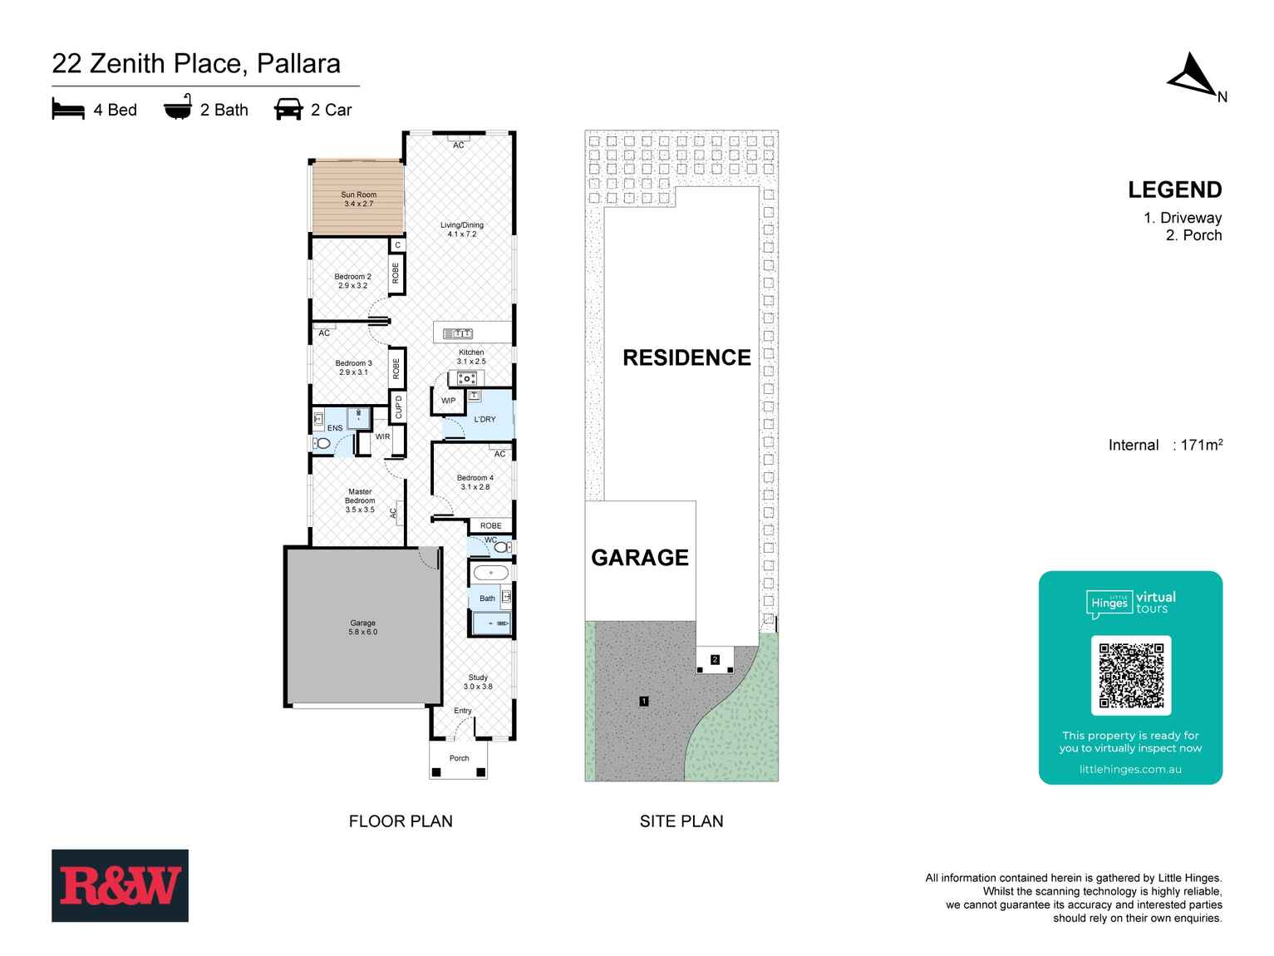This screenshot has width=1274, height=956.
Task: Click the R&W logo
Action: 120,885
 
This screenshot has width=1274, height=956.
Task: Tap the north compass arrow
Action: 1193,76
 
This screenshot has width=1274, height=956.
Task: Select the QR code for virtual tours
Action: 1130,675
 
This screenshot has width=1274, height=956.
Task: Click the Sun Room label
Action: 359,200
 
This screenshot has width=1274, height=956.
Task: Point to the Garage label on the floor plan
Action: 362,628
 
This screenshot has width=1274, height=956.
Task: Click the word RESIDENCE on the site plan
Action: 686,357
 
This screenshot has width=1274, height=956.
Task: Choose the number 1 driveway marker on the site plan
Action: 643,702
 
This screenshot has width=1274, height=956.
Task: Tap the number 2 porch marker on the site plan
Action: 715,660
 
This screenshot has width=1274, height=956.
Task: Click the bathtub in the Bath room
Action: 490,573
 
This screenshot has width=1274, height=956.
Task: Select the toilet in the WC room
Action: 501,548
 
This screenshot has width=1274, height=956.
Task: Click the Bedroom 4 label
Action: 475,482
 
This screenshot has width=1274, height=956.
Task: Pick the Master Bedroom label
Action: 360,500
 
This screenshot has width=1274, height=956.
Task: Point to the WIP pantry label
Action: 448,401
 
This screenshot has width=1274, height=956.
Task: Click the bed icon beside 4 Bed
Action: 68,110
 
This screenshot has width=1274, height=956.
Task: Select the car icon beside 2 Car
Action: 288,110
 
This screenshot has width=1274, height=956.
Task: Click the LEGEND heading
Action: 1174,190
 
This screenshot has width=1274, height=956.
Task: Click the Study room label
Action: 478,682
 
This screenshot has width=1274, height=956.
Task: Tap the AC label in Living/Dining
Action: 459,145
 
